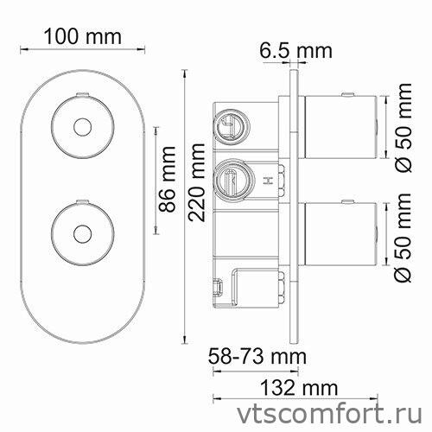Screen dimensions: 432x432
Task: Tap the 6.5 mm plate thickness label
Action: (x=295, y=50)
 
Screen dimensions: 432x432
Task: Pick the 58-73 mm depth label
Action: (x=257, y=355)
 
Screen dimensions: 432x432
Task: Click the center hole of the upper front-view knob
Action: (x=83, y=128)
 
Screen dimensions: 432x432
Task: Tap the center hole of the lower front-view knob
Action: (x=83, y=232)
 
